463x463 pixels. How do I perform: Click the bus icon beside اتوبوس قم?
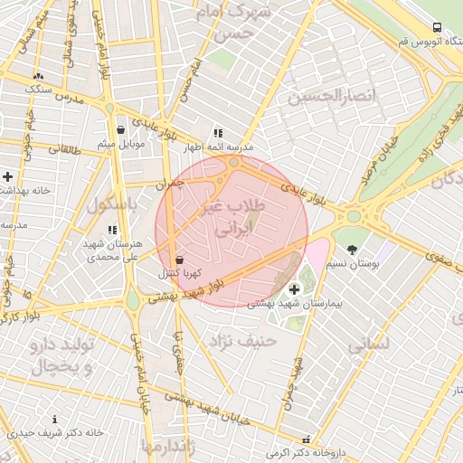click(437, 28)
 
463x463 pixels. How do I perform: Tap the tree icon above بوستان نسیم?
click(352, 248)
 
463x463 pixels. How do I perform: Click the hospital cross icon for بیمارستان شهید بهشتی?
click(294, 289)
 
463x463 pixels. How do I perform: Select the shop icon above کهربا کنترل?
click(178, 259)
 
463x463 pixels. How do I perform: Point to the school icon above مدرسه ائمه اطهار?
click(217, 132)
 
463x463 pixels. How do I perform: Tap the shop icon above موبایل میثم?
click(120, 130)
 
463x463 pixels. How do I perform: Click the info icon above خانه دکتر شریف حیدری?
click(55, 420)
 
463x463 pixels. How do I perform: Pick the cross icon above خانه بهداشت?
click(8, 175)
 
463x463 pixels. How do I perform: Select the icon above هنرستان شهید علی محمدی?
click(112, 231)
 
